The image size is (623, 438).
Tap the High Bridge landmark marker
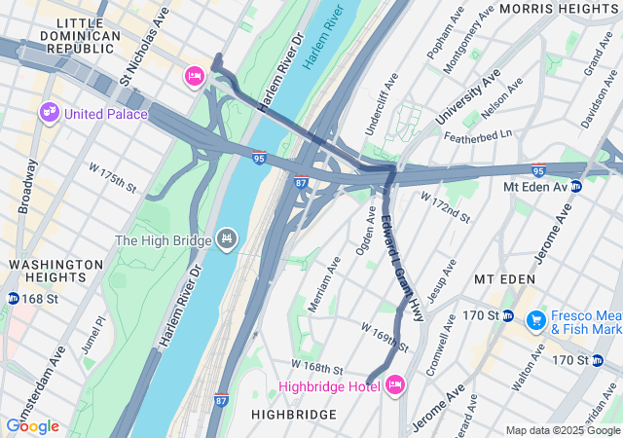tap(227, 238)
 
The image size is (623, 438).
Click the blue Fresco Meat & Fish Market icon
tap(534, 319)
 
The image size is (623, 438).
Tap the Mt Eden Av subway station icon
tap(576, 186)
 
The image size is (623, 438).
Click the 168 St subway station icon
tap(13, 298)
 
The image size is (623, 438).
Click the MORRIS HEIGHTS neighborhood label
tap(559, 8)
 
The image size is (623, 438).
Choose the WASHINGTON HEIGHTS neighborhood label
tap(55, 271)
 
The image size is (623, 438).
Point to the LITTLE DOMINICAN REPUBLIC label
tap(75, 35)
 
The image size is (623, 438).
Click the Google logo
tap(32, 426)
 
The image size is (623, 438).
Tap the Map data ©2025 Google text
tap(563, 430)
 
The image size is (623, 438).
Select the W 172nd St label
tap(445, 205)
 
